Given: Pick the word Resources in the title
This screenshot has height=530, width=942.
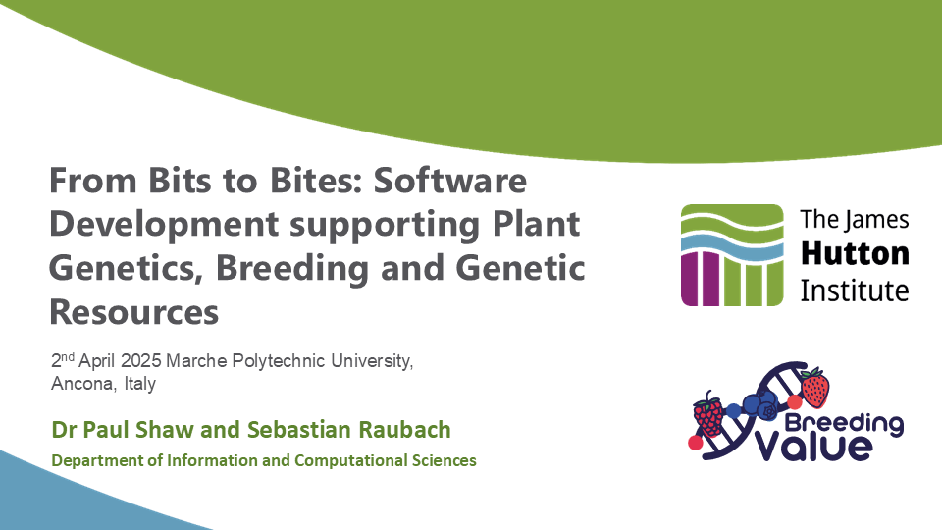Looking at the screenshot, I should coord(133,311).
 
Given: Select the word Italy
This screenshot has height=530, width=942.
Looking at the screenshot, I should coord(139,384).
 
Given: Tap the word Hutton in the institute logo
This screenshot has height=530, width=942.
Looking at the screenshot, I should coord(855,253).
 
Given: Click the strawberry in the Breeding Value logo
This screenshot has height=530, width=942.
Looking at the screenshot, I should coord(813,387).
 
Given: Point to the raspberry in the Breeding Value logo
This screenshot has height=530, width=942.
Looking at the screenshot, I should coord(707,415).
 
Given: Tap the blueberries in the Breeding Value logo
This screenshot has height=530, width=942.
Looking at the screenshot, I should coord(759,403).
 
